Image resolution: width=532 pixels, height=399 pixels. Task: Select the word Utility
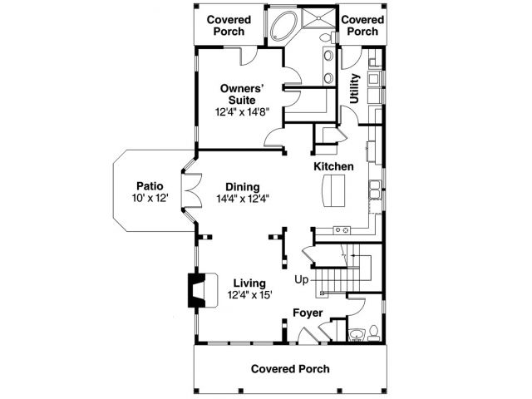(x=355, y=88)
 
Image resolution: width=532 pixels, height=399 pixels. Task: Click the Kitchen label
(x=333, y=166)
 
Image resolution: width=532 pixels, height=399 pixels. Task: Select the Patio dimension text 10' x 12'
(x=150, y=199)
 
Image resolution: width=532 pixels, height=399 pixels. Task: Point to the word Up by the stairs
(x=301, y=280)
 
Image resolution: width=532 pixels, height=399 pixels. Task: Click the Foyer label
(x=307, y=313)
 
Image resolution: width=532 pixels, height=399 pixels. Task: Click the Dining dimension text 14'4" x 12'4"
(x=244, y=199)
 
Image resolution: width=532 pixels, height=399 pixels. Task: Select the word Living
(x=249, y=283)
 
